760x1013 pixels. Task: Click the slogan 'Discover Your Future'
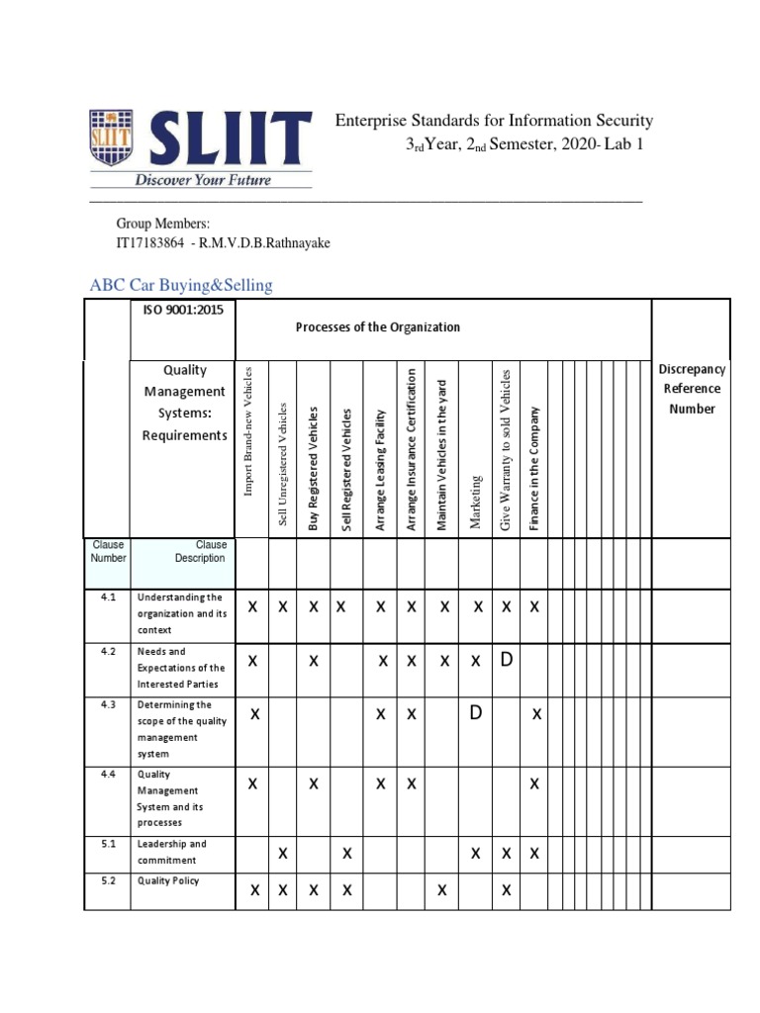click(x=203, y=180)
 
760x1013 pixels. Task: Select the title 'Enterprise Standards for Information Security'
click(x=494, y=121)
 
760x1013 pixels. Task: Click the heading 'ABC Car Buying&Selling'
click(x=181, y=285)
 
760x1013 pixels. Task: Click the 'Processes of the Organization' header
click(x=377, y=327)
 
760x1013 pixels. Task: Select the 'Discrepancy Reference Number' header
click(x=692, y=389)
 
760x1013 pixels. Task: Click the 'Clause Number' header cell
click(x=108, y=551)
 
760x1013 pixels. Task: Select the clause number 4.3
click(x=108, y=704)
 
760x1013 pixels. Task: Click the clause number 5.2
click(x=108, y=879)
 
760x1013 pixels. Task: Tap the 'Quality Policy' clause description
click(x=168, y=879)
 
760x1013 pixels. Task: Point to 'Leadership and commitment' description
click(x=171, y=852)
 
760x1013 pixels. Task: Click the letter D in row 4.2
click(x=506, y=660)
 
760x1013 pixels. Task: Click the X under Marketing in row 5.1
click(x=476, y=853)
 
